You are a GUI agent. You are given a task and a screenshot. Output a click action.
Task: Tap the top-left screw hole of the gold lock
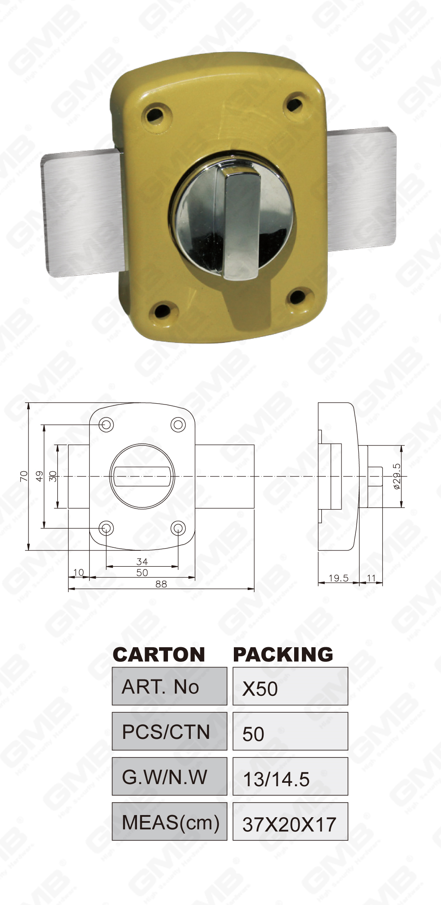pyautogui.click(x=154, y=114)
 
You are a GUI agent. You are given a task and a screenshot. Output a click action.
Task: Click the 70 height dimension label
pyautogui.click(x=24, y=476)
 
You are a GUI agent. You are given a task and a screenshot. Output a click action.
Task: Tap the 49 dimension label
pyautogui.click(x=39, y=476)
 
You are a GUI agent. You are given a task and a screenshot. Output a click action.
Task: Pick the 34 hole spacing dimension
pyautogui.click(x=142, y=561)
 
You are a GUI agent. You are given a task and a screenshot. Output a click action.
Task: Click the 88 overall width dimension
pyautogui.click(x=161, y=584)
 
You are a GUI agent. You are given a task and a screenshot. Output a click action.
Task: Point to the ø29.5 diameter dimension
pyautogui.click(x=397, y=476)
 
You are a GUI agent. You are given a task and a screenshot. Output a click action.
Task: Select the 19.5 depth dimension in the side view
pyautogui.click(x=338, y=578)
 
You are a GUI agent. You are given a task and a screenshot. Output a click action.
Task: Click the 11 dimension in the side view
pyautogui.click(x=371, y=578)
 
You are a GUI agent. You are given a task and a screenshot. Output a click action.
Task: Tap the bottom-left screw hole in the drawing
pyautogui.click(x=106, y=528)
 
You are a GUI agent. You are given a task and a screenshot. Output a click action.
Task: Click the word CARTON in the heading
pyautogui.click(x=158, y=655)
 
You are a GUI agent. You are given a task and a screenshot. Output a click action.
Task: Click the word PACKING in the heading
pyautogui.click(x=283, y=655)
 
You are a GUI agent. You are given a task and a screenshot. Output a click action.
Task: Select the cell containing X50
pyautogui.click(x=290, y=686)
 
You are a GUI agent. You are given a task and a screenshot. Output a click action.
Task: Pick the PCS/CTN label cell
pyautogui.click(x=169, y=731)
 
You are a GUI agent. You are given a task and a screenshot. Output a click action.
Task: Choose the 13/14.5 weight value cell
pyautogui.click(x=290, y=776)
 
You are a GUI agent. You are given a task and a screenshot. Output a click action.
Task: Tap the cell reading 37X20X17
pyautogui.click(x=290, y=822)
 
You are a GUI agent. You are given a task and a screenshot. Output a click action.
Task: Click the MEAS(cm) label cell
pyautogui.click(x=169, y=822)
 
